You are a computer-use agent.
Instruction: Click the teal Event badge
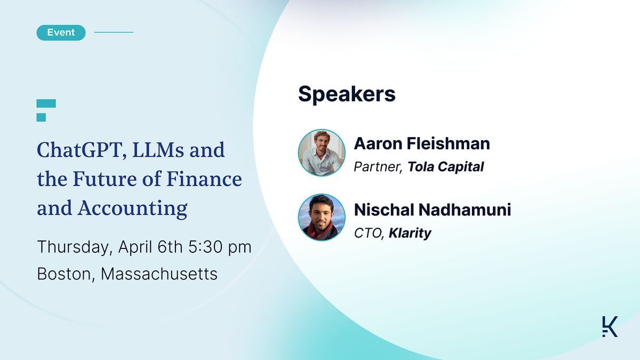click(61, 33)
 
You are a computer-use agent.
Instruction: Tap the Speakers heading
click(347, 93)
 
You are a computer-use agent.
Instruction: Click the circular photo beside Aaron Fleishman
click(322, 153)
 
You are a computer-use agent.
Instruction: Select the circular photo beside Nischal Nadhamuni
click(322, 217)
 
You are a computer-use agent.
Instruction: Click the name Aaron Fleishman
click(421, 143)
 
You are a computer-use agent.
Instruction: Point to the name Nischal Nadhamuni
click(432, 210)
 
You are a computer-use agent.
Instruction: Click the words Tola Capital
click(445, 167)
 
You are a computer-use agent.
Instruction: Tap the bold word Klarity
click(410, 233)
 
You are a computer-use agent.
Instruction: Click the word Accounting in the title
click(133, 208)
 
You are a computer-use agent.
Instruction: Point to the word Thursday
click(71, 247)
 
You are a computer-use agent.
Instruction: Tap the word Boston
click(63, 274)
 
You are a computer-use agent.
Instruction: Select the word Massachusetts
click(159, 274)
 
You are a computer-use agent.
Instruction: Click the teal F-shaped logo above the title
click(46, 110)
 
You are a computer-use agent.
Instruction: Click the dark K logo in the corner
click(610, 326)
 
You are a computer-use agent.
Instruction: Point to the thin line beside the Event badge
click(114, 33)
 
